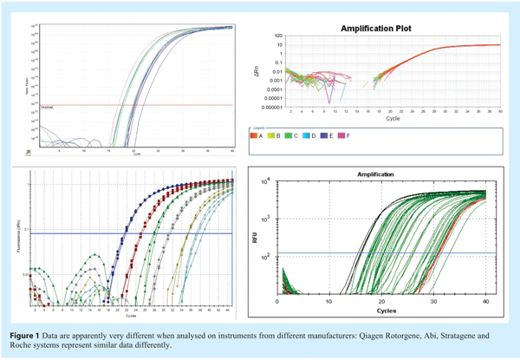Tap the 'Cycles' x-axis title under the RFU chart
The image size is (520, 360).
coord(381,310)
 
